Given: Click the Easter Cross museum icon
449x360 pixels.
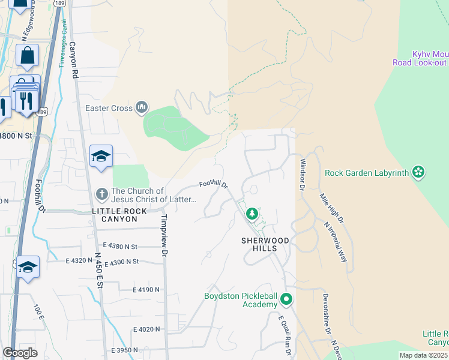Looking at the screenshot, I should click(x=142, y=108).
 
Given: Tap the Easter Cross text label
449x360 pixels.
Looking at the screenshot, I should click(x=109, y=109).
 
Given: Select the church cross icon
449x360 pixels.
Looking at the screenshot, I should click(x=102, y=194).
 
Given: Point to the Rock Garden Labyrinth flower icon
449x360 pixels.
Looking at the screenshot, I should click(x=418, y=173).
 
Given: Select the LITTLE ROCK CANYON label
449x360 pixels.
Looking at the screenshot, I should click(x=127, y=212).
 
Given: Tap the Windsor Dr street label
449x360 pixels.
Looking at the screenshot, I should click(x=302, y=173).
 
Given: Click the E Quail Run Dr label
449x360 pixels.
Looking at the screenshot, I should click(x=285, y=336).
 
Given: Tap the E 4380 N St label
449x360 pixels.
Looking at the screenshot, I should click(x=120, y=246).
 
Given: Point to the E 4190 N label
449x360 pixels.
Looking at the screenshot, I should click(x=146, y=289).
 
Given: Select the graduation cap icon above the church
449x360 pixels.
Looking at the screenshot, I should click(x=101, y=157).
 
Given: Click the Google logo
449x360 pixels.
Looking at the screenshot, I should click(x=20, y=353).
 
